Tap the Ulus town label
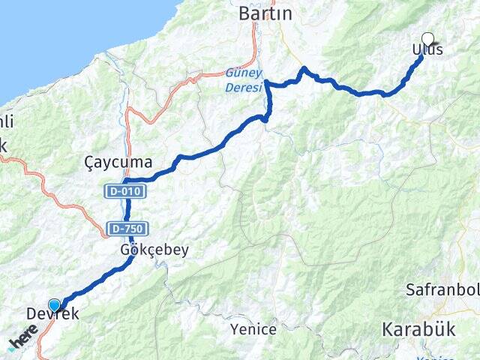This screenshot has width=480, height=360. coord(427,50)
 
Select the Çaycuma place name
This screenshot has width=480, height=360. coord(118,162)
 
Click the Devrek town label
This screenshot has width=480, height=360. coord(52,314)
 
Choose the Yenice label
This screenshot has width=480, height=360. coord(253,328)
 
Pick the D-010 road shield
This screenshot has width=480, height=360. coord(124,192)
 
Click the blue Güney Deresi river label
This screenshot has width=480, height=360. coord(244,80)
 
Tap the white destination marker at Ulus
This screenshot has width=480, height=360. coord(428,39)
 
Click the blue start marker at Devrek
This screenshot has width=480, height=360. coord(54,305)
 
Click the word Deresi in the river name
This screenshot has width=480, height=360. coord(244,87)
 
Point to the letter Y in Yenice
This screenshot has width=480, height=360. coord(235,328)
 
